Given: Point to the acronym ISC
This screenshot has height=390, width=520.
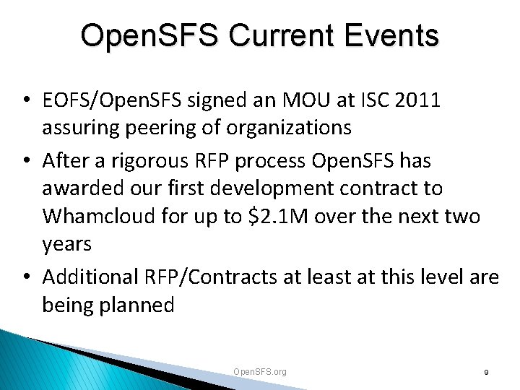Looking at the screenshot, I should pos(365,100).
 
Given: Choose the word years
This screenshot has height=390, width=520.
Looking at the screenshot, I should pos(67,244).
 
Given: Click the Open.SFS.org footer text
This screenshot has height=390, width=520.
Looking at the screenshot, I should pos(260,371).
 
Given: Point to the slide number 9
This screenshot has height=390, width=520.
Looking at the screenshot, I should pos(486,372).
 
